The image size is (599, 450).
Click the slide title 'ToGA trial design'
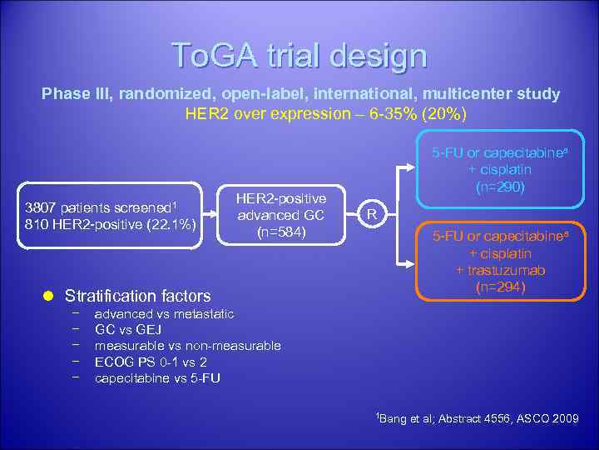(299, 55)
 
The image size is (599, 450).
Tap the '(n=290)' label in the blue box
(500, 187)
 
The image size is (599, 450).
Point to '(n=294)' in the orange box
(500, 287)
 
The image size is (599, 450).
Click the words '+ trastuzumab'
(500, 270)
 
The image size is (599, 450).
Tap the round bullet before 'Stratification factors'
(48, 296)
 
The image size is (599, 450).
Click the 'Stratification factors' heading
(137, 296)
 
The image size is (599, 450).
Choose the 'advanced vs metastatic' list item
(164, 314)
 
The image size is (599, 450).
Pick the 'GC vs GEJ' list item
(128, 330)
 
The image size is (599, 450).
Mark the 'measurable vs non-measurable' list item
(187, 346)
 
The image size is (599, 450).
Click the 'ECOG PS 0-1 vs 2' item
(151, 362)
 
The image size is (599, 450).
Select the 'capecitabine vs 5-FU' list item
(158, 377)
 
